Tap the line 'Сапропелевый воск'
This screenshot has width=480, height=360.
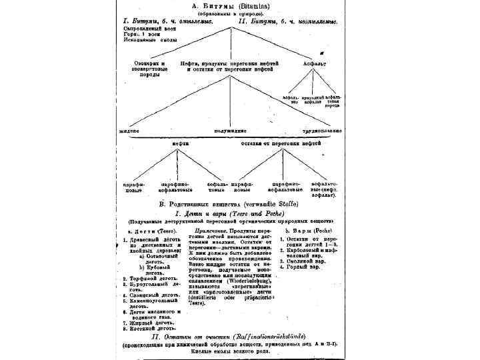(x=149, y=28)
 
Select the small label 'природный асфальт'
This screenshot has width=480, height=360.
(x=313, y=101)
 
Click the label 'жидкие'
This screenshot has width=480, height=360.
(x=130, y=131)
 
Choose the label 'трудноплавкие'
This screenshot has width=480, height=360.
(x=323, y=131)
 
